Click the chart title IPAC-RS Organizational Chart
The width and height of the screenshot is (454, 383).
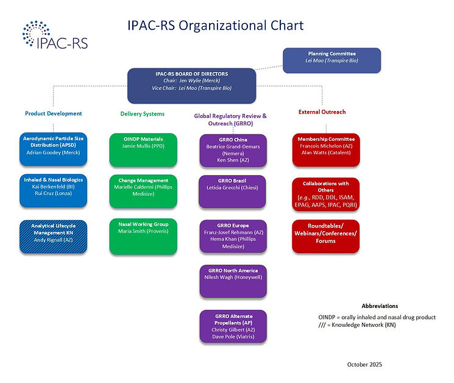215,26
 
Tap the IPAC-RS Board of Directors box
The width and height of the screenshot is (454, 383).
191,84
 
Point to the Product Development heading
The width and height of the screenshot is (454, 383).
53,113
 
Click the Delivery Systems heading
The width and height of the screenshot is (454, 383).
142,113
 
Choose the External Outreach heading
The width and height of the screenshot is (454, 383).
322,112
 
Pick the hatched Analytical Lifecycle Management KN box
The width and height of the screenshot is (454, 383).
53,234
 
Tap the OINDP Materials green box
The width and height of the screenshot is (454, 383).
143,149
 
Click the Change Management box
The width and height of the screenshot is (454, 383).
143,190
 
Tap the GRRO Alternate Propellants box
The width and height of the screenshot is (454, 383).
232,327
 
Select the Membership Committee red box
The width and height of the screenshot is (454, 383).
325,149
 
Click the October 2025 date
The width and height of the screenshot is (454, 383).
364,364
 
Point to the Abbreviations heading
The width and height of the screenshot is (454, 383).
380,306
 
